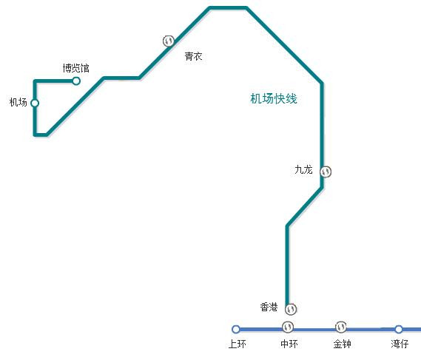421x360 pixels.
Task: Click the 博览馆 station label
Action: click(75, 68)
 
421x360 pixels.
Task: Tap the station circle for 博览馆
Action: click(76, 81)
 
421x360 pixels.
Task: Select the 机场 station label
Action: click(18, 102)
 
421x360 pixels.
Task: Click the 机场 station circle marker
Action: click(35, 103)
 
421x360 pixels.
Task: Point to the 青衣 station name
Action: click(193, 56)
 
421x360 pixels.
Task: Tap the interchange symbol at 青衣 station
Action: click(169, 41)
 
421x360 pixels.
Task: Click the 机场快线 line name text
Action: click(274, 98)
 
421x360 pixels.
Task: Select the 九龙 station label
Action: click(303, 169)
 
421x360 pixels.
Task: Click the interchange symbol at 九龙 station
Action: click(326, 171)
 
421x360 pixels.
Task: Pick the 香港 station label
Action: click(269, 307)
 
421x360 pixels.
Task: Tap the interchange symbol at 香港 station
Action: click(291, 309)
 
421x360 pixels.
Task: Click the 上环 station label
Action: click(237, 344)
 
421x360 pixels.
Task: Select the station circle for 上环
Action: click(236, 329)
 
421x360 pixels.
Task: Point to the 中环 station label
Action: click(289, 344)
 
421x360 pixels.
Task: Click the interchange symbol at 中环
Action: click(288, 327)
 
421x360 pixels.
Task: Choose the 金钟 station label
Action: click(342, 344)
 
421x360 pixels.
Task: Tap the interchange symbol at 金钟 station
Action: click(341, 327)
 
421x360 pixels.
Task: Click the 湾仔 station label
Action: click(400, 344)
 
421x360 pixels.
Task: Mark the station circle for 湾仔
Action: click(399, 329)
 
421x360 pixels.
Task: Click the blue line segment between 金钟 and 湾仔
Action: click(371, 329)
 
